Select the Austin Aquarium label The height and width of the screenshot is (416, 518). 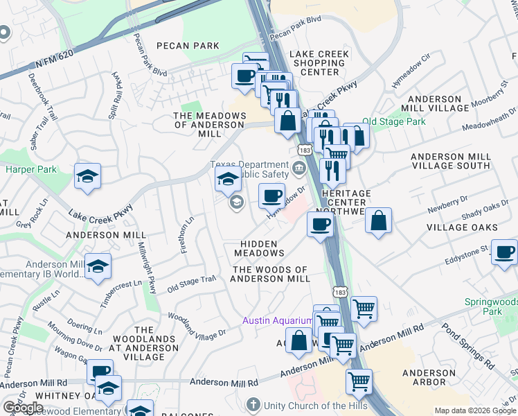(276, 320)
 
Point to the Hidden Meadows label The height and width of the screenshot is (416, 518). (260, 248)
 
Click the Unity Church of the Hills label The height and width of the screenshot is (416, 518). (305, 404)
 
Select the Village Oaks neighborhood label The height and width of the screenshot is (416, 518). (462, 227)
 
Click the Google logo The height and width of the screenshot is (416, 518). (23, 408)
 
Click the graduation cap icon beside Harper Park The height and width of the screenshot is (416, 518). (88, 176)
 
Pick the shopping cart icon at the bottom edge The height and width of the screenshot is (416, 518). (359, 381)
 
